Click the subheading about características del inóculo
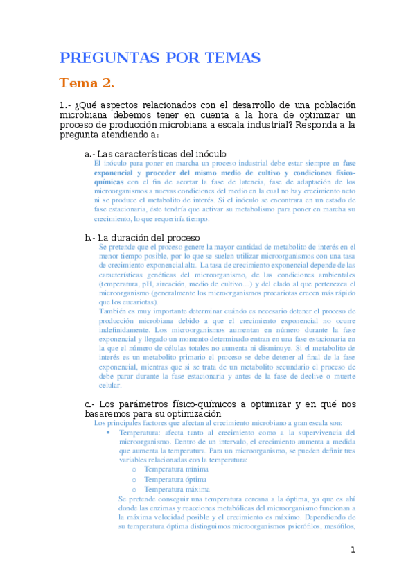tap(155, 154)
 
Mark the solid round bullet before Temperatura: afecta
tap(108, 432)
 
